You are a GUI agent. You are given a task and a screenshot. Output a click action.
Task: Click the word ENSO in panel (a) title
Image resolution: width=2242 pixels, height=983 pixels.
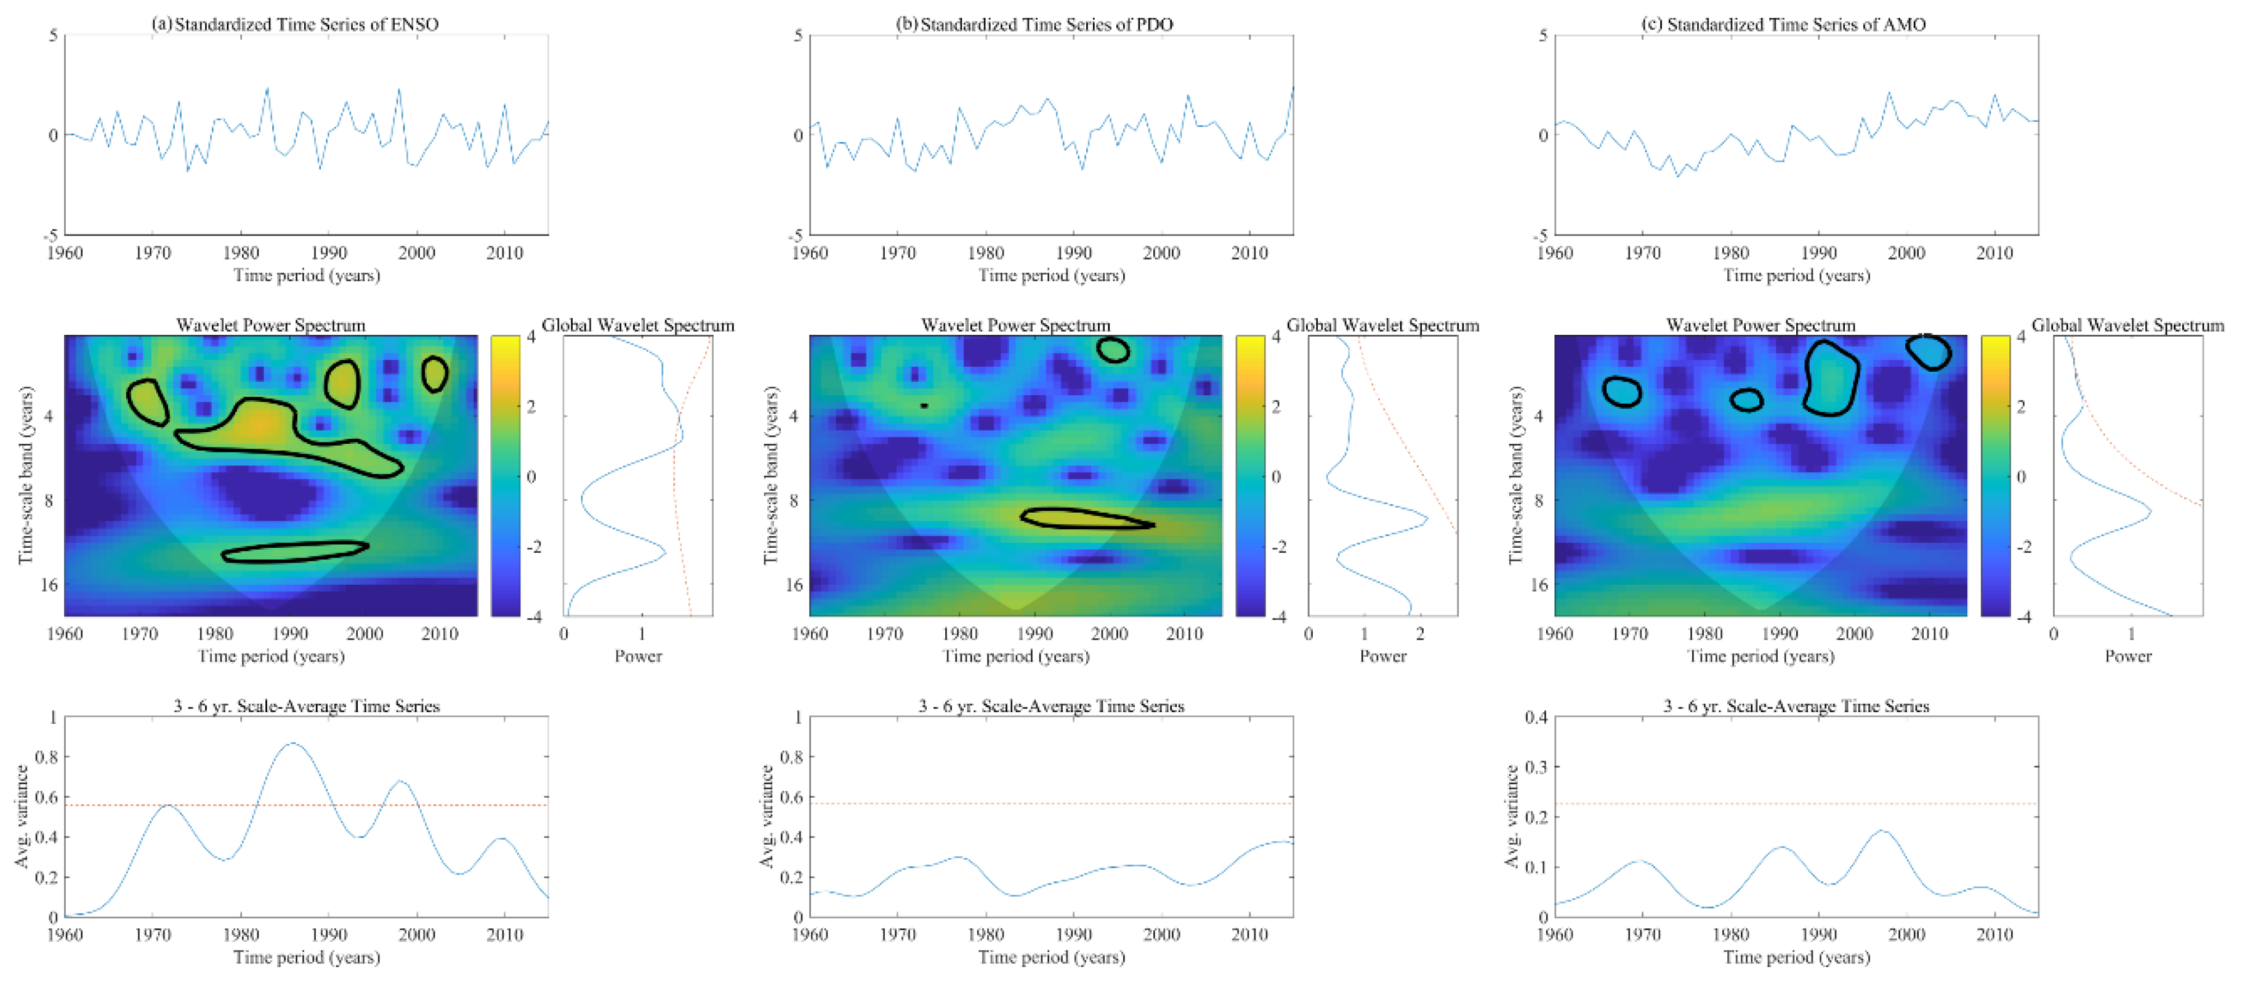414,25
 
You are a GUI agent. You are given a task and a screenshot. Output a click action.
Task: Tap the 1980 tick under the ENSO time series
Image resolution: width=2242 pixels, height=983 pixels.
241,253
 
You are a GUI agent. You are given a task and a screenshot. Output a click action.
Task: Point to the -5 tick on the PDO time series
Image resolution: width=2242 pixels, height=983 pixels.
796,236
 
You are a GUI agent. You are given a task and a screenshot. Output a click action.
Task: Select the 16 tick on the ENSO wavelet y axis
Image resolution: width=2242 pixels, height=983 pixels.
49,585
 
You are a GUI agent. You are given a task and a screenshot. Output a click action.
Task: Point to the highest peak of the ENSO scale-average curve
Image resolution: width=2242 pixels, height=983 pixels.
293,744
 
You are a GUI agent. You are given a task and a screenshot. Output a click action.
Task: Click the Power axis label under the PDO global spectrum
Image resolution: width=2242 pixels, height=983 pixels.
1382,657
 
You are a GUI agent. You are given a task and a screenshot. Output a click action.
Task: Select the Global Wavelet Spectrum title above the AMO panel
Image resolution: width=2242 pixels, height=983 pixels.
2127,326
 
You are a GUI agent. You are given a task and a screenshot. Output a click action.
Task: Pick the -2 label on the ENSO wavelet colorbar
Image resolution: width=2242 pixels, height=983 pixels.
531,547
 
